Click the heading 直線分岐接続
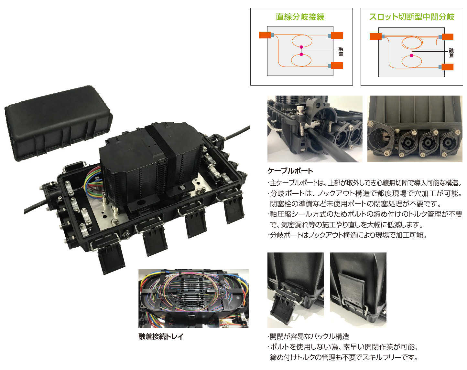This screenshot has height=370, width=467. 300,17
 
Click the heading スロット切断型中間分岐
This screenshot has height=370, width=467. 412,17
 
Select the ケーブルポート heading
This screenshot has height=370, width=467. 290,171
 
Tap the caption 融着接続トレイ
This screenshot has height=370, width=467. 161,336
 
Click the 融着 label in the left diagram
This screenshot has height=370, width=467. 341,52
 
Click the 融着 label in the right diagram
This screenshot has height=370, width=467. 451,53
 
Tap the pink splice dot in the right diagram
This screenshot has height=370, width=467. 411,56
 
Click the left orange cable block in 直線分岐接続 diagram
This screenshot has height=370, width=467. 265,35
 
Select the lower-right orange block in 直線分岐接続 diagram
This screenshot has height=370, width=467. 337,66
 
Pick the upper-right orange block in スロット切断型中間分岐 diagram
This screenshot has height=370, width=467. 448,37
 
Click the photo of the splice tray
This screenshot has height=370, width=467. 194,299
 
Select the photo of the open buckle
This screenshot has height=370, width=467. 296,290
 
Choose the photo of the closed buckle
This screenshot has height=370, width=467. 358,290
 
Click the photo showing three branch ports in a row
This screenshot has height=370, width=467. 415,129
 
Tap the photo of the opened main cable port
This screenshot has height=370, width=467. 315,129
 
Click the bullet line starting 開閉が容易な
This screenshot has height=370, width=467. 308,336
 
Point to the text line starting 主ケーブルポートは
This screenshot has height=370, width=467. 365,183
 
